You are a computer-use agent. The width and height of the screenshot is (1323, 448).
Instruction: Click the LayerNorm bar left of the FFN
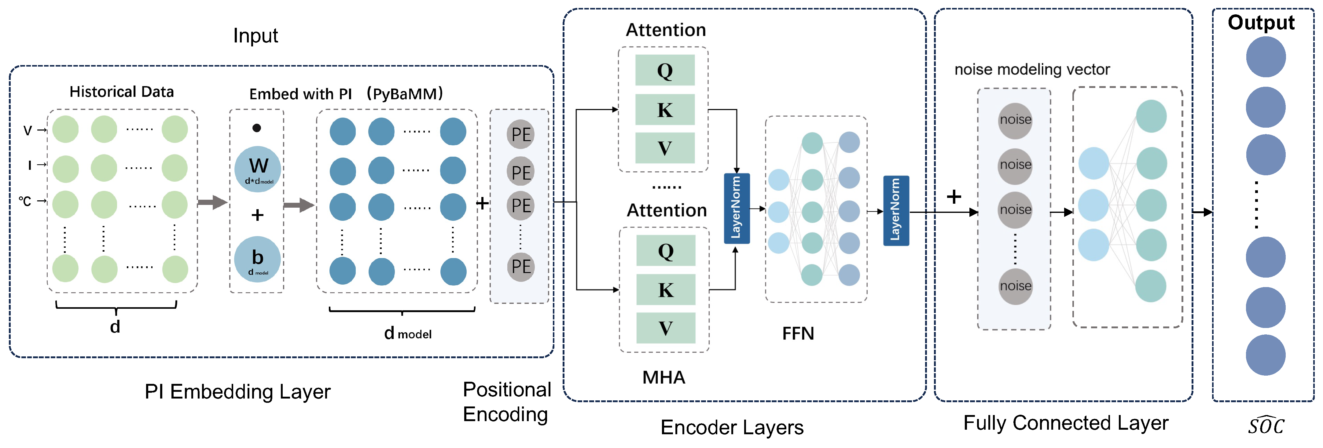(x=737, y=208)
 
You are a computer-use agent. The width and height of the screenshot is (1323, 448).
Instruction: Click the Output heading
(x=1261, y=23)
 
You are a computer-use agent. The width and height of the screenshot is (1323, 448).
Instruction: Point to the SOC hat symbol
(x=1266, y=425)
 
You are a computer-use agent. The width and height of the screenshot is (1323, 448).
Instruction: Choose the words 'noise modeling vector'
(x=1032, y=69)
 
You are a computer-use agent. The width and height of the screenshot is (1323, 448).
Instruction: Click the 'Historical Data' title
(x=122, y=92)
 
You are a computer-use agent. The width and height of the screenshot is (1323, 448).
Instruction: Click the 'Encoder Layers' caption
(x=732, y=428)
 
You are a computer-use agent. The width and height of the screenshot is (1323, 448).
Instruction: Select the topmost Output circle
(x=1266, y=57)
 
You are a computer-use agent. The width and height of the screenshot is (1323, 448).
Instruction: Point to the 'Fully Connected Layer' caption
(x=1066, y=423)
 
